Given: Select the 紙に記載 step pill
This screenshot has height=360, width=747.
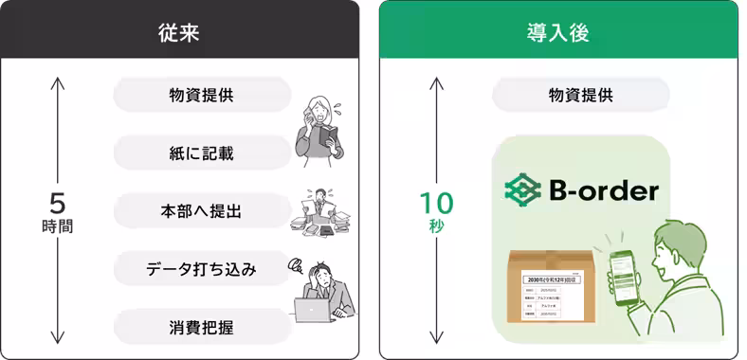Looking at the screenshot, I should click(x=201, y=153).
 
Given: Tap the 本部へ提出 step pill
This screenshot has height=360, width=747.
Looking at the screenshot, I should click(x=201, y=211).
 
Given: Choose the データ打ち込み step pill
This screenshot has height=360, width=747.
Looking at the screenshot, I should click(x=201, y=269).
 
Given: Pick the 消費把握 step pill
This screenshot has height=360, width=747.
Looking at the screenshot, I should click(x=201, y=328).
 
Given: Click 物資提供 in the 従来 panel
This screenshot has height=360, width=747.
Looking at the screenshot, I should click(x=201, y=95).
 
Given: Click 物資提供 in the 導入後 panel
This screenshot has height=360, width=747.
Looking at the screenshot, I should click(x=580, y=95).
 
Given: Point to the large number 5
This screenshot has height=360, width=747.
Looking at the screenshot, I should click(x=58, y=204).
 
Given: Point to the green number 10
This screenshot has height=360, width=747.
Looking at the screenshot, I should click(x=437, y=203).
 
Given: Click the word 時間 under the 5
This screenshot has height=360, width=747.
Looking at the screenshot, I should click(x=58, y=227).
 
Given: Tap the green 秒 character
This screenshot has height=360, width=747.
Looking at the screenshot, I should click(x=437, y=227).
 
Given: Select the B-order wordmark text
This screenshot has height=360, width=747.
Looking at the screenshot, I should click(x=603, y=191).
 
